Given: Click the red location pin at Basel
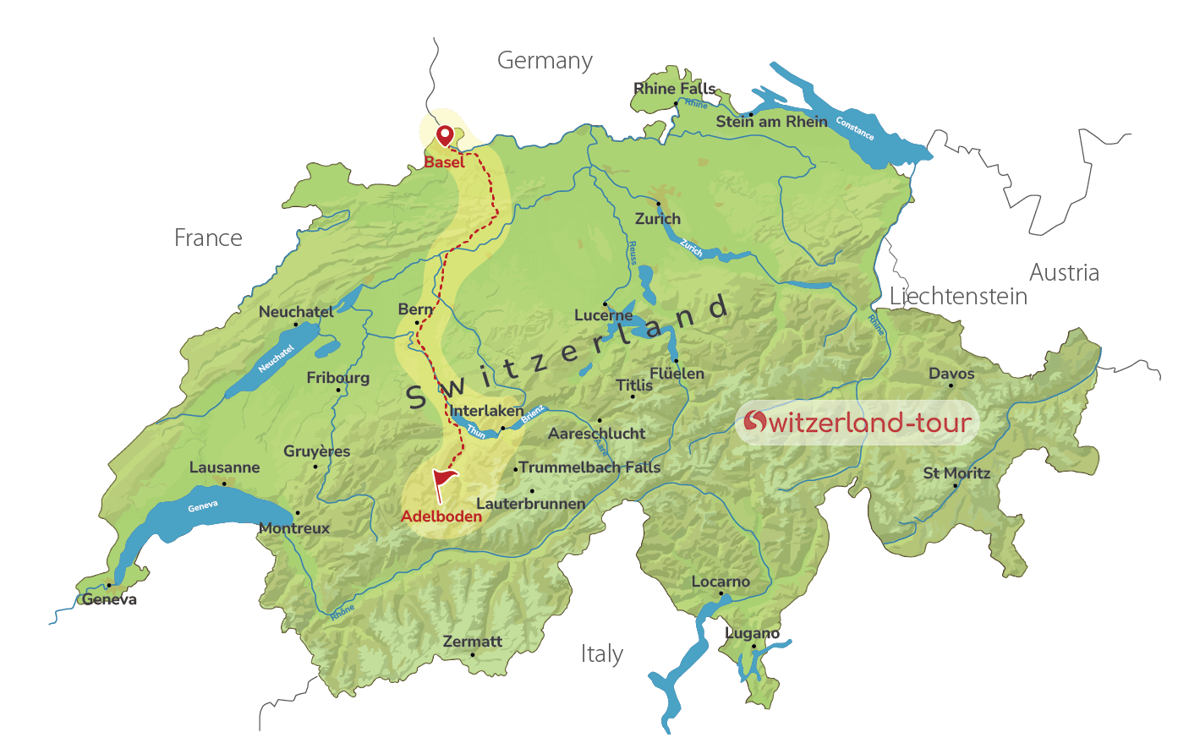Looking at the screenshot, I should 444,135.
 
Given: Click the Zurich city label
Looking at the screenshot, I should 658,219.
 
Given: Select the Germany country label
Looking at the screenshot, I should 545,61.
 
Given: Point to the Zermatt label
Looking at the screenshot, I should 473,642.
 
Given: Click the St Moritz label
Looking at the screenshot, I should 956,473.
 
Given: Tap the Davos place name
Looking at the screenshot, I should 951,374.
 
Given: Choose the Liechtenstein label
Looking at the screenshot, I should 958,297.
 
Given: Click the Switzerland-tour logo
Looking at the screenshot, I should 857,422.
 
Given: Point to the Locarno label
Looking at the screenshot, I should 721,582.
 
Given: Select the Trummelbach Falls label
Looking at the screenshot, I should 589,467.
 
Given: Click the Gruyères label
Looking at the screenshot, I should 317,451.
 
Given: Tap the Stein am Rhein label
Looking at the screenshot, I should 771,122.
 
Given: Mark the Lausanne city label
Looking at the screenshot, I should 225,467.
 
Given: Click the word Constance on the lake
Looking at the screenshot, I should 855,128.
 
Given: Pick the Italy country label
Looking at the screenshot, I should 602,654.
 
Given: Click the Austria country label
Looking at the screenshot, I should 1064,273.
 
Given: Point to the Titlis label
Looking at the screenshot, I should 634,385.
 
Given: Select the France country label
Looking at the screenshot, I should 208,238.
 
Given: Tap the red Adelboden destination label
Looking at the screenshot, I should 441,516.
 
